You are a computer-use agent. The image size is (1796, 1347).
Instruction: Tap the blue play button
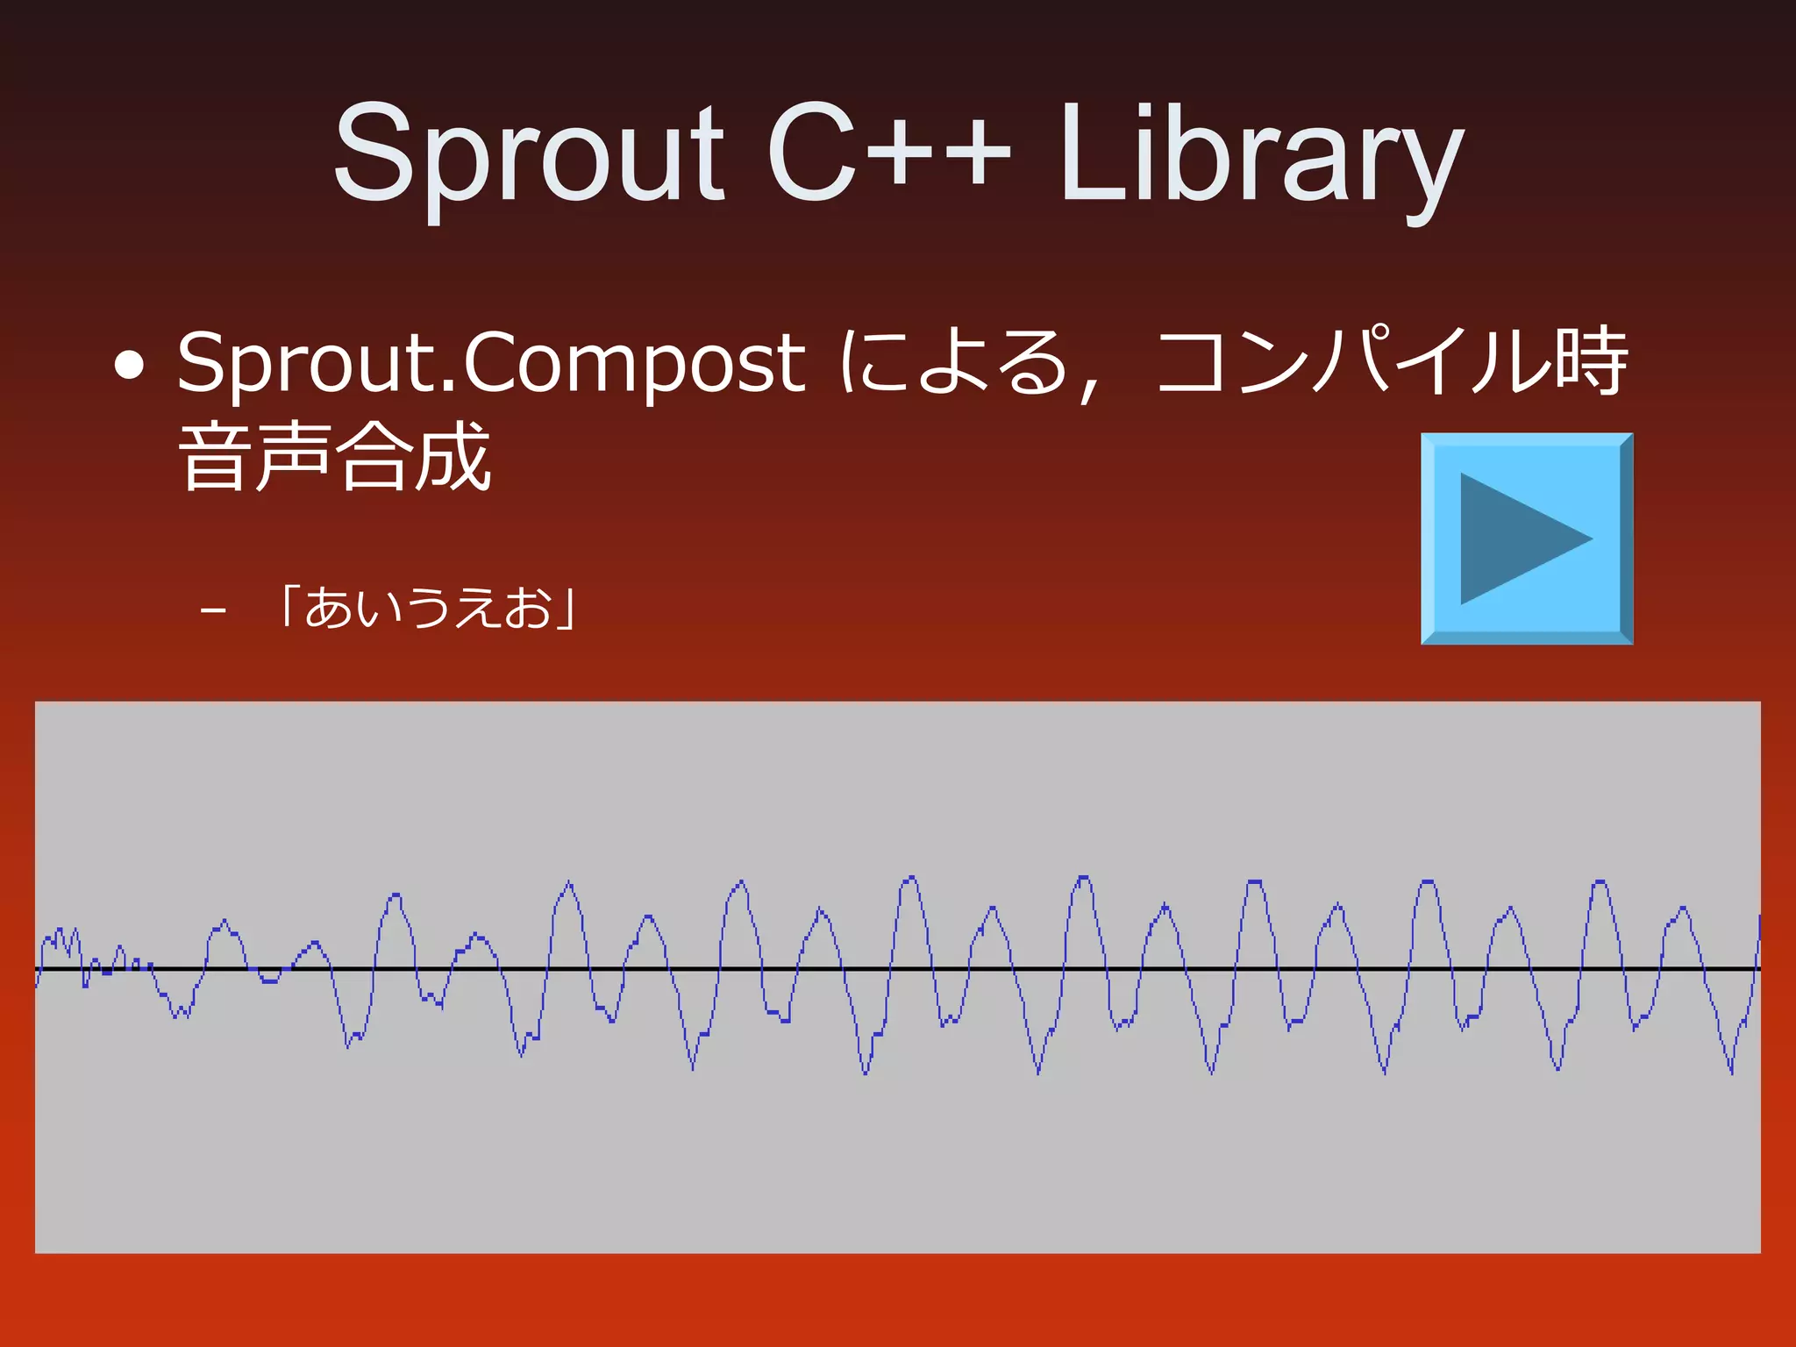1526,538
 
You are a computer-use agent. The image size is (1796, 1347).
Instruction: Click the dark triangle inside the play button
1513,538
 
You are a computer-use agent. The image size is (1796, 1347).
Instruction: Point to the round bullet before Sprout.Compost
129,367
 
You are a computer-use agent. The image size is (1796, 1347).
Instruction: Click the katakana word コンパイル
1355,362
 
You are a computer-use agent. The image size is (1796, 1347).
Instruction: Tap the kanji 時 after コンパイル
1592,362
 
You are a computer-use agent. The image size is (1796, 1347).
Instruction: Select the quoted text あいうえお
427,607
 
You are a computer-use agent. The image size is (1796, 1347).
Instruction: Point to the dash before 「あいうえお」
212,609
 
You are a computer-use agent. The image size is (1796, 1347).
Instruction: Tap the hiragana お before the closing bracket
528,607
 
